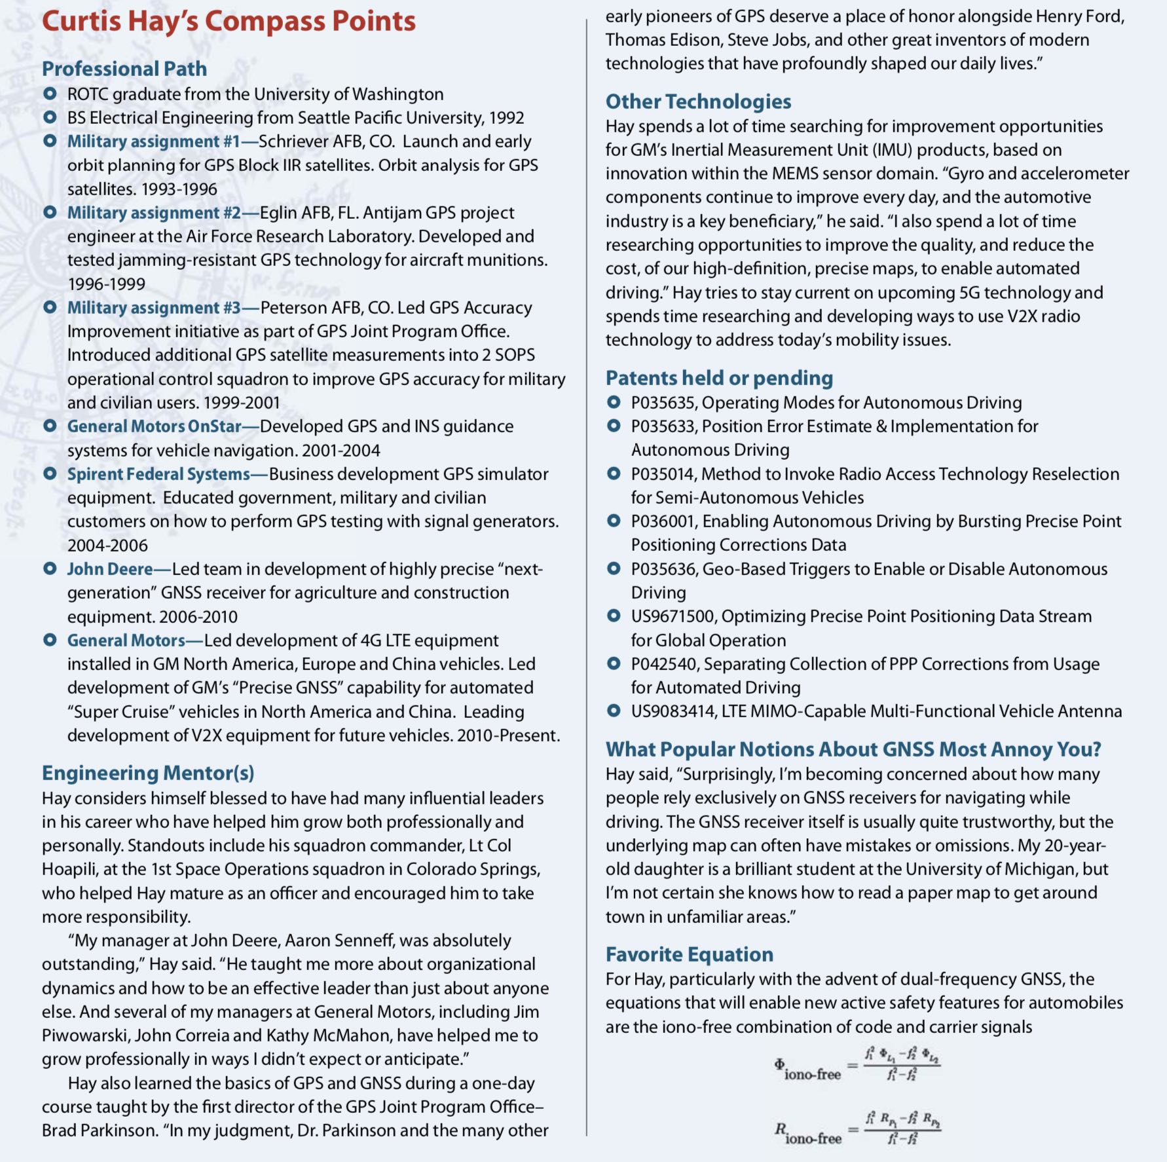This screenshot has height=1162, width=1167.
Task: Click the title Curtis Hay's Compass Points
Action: pos(229,21)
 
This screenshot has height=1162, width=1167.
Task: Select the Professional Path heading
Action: pos(124,69)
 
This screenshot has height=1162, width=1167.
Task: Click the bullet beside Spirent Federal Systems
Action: pos(50,474)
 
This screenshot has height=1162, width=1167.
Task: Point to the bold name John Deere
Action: pos(110,569)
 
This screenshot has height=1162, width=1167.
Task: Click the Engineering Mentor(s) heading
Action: pos(148,773)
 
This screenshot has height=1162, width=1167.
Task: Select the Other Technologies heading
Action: pos(698,102)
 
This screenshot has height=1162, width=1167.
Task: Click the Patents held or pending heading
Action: pos(719,378)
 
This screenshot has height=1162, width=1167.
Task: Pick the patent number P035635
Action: pos(663,403)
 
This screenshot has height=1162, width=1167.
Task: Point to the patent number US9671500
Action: pos(672,616)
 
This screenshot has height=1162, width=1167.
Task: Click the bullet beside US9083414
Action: pos(614,711)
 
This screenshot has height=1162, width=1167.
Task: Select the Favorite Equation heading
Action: pos(689,954)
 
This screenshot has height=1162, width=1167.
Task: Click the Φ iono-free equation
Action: pos(857,1065)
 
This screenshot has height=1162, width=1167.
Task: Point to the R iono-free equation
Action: pos(857,1129)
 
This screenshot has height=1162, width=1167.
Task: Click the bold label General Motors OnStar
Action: pos(155,426)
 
